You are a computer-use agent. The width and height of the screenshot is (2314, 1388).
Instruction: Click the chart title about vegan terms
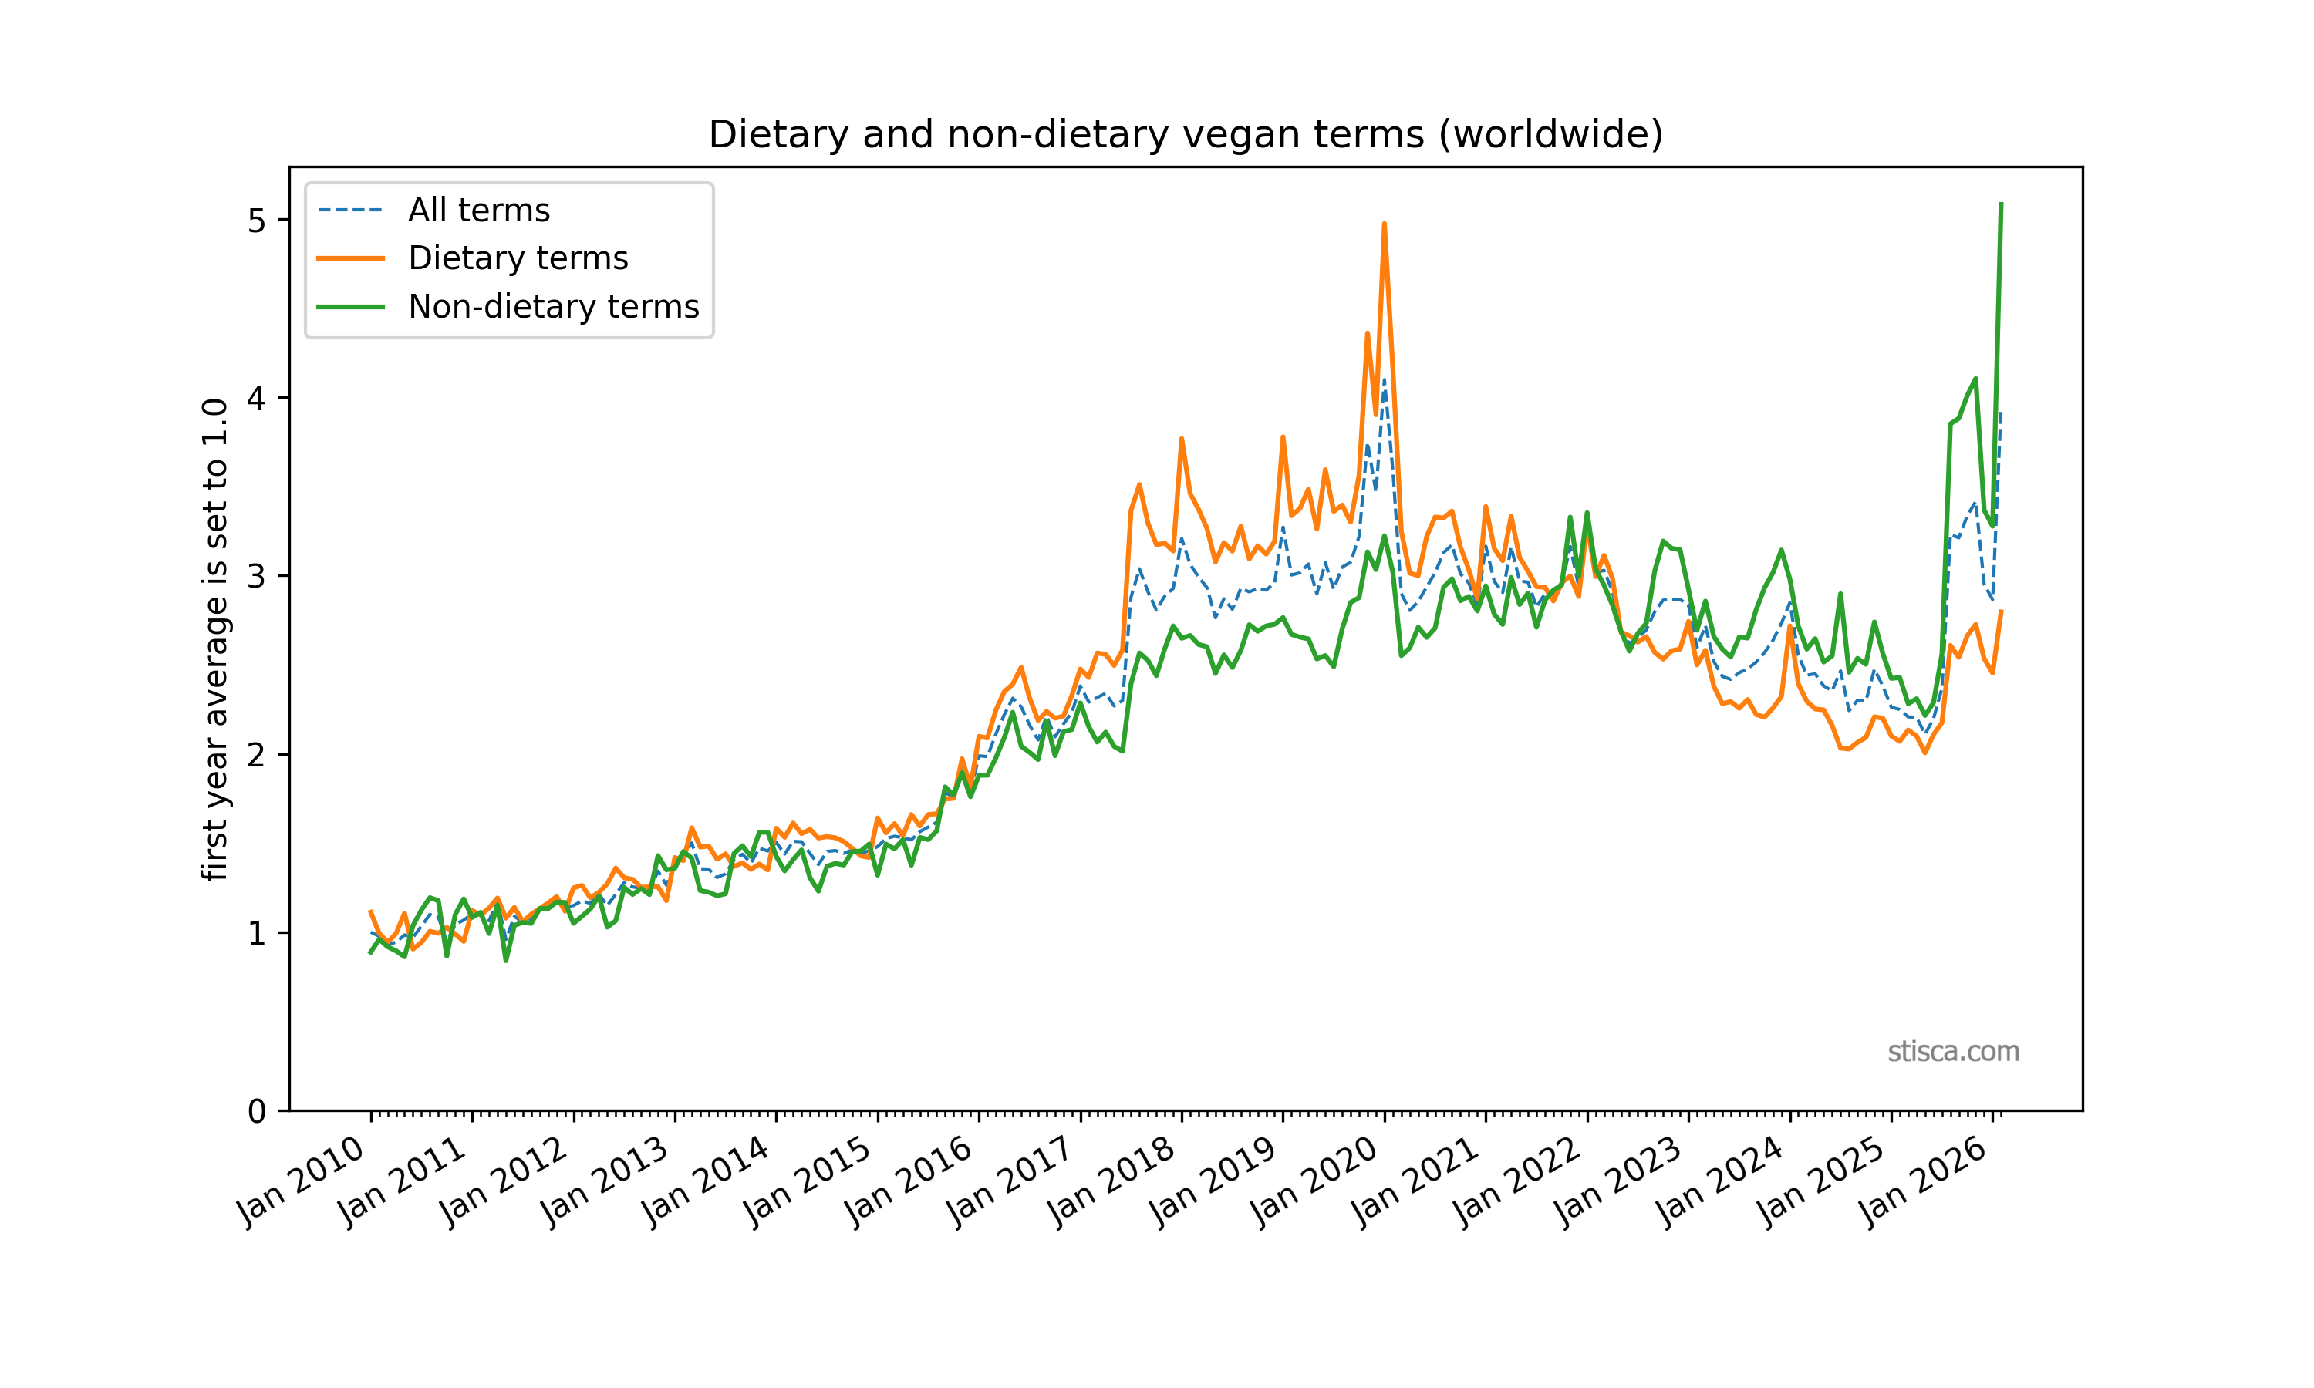click(1185, 135)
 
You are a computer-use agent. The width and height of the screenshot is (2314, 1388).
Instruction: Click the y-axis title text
click(215, 640)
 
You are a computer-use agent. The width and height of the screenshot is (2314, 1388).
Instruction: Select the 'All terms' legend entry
click(478, 211)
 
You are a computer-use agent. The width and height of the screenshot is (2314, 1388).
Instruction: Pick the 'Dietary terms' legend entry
click(518, 258)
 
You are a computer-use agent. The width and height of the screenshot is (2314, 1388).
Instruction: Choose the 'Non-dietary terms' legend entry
click(553, 307)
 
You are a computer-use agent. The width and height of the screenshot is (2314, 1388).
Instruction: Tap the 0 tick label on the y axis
click(256, 1111)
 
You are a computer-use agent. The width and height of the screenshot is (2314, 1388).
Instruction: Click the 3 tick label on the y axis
click(256, 576)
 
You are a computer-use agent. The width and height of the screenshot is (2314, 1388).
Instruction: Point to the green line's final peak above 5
click(2001, 204)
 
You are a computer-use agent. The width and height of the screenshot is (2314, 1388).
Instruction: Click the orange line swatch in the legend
click(351, 258)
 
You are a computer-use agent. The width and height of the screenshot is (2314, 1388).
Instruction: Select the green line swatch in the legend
click(351, 307)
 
